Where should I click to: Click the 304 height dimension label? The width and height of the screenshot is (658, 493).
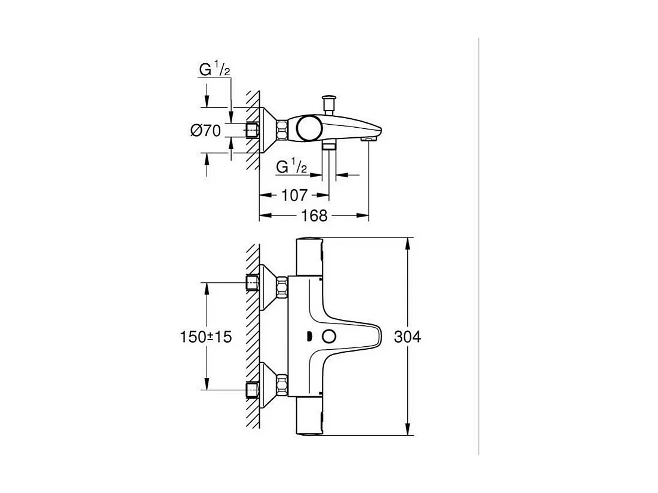click(x=408, y=337)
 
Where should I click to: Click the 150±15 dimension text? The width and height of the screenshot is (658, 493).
click(x=206, y=337)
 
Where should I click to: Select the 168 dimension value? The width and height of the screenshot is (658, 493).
click(x=314, y=215)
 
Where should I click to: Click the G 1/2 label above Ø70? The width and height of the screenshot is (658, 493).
click(x=214, y=70)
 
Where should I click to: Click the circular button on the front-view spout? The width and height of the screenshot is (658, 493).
click(x=328, y=337)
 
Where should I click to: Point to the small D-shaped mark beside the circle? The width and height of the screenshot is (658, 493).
click(x=308, y=337)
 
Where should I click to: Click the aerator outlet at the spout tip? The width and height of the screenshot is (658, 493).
click(x=369, y=138)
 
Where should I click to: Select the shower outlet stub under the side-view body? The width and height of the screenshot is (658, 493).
click(x=328, y=145)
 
